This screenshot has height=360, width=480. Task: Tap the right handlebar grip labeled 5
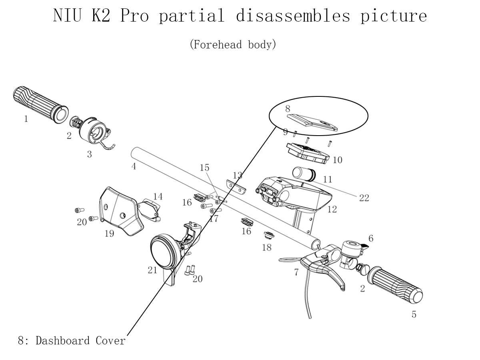398,284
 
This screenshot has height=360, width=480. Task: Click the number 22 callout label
364,198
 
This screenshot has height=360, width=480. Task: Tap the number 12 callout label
332,209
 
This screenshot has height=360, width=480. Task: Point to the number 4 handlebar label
134,166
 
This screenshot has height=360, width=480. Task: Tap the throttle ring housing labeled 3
94,132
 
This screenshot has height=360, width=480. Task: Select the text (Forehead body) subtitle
233,44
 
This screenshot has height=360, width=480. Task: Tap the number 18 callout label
266,248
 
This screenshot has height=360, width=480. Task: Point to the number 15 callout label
204,168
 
